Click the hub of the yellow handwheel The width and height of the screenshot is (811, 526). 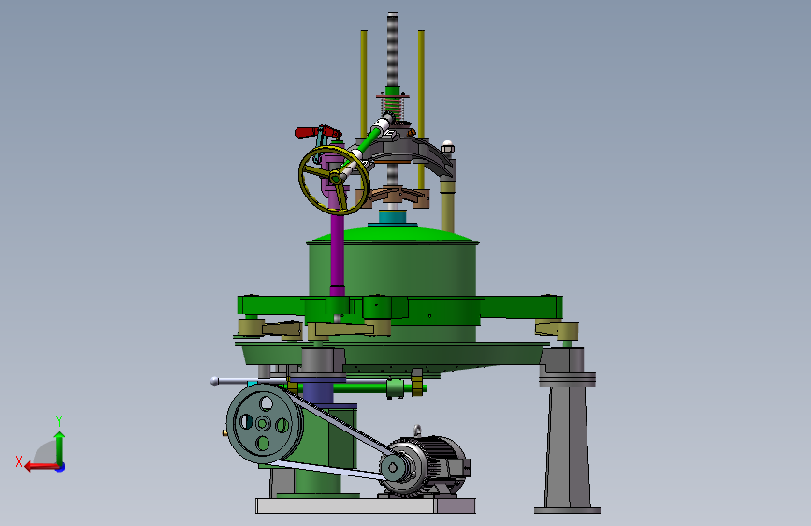click(335, 179)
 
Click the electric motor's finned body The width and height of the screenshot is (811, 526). click(440, 463)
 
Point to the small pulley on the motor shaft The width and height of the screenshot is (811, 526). click(393, 467)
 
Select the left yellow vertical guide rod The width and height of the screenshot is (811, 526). click(364, 83)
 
